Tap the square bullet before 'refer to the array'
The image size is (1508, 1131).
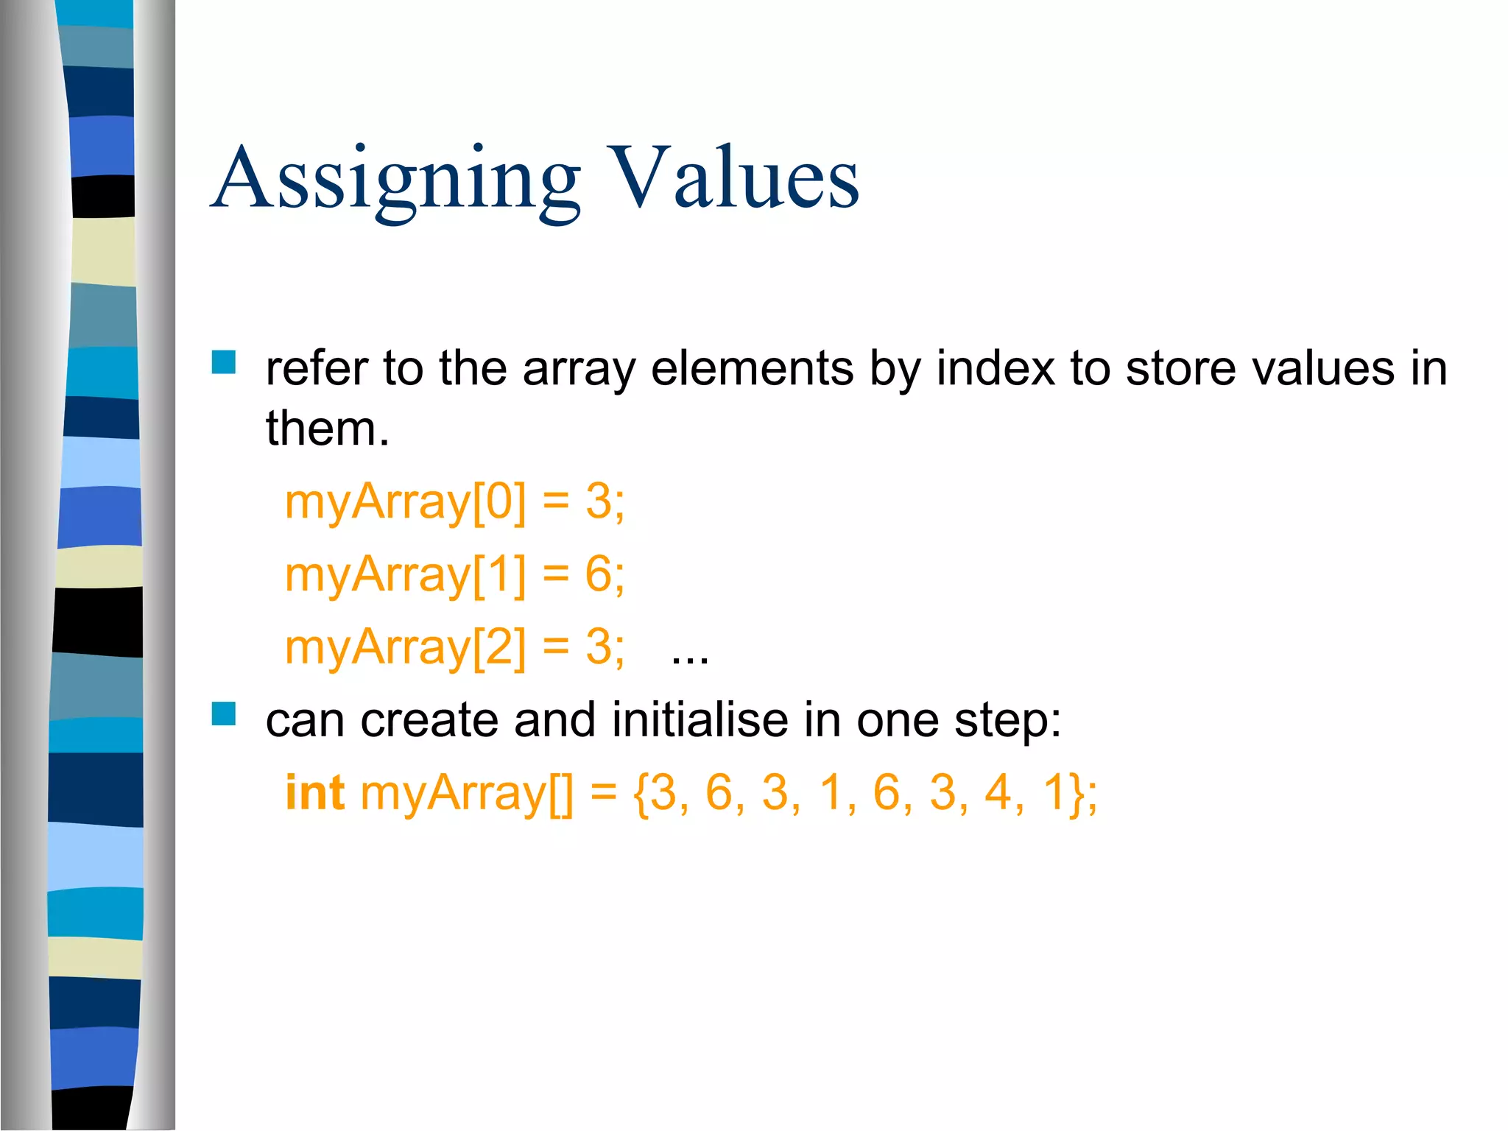[x=224, y=362]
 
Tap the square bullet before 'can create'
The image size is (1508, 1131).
[x=224, y=714]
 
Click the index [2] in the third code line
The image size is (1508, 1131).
[x=500, y=647]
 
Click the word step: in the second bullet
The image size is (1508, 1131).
[x=1008, y=720]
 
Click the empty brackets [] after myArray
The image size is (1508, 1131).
[x=560, y=794]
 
